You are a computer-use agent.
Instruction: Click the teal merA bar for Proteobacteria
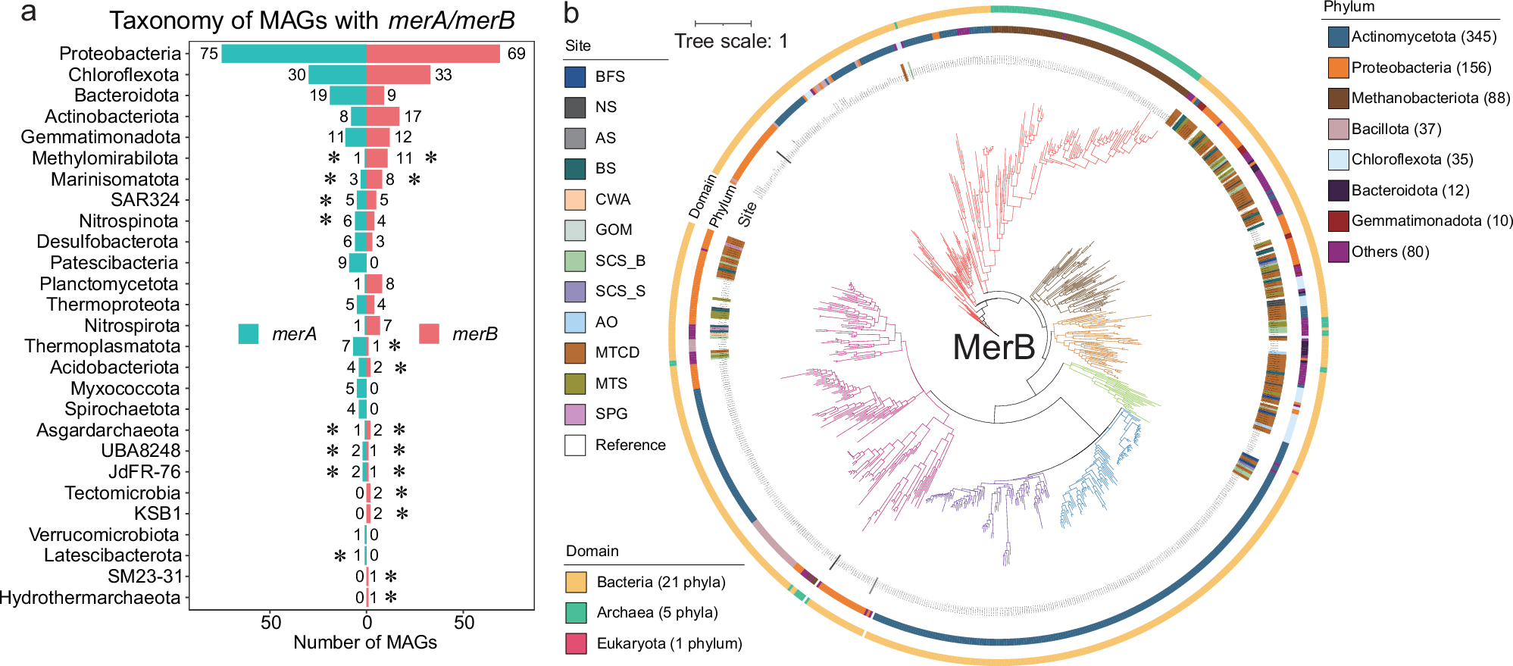coord(293,54)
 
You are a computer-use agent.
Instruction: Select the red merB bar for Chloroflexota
coord(399,75)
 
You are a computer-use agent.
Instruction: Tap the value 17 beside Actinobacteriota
coord(413,117)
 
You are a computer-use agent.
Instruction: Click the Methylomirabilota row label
coord(105,158)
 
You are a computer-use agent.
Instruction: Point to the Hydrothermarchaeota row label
coord(89,598)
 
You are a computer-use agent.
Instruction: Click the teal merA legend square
coord(249,334)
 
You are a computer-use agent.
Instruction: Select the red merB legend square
coord(430,334)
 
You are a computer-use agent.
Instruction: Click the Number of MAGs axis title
coord(365,643)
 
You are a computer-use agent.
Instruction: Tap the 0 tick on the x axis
coord(367,623)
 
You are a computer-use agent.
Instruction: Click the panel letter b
coord(571,14)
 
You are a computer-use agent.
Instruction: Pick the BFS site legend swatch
coord(576,77)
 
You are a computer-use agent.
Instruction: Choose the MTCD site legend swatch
coord(576,353)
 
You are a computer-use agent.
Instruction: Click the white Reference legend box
coord(576,445)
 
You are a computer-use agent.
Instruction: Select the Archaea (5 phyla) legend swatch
coord(577,613)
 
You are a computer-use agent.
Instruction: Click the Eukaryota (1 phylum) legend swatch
coord(577,643)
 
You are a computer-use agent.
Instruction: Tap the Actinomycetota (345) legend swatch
coord(1339,37)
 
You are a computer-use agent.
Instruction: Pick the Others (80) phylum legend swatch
coord(1339,252)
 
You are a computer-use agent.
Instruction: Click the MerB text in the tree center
coord(993,348)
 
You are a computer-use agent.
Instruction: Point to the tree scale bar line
coord(723,23)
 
